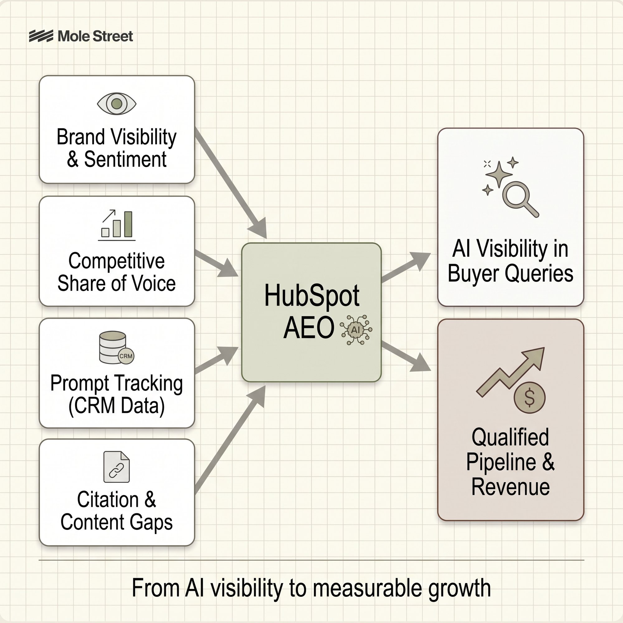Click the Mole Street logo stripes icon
[x=41, y=36]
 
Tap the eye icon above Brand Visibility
[x=117, y=103]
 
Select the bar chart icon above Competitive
[x=117, y=225]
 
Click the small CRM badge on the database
[x=126, y=356]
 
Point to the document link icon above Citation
[x=117, y=467]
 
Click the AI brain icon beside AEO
[x=356, y=330]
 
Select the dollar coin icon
[x=530, y=397]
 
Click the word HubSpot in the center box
[x=311, y=296]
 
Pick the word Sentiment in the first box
[x=125, y=159]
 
